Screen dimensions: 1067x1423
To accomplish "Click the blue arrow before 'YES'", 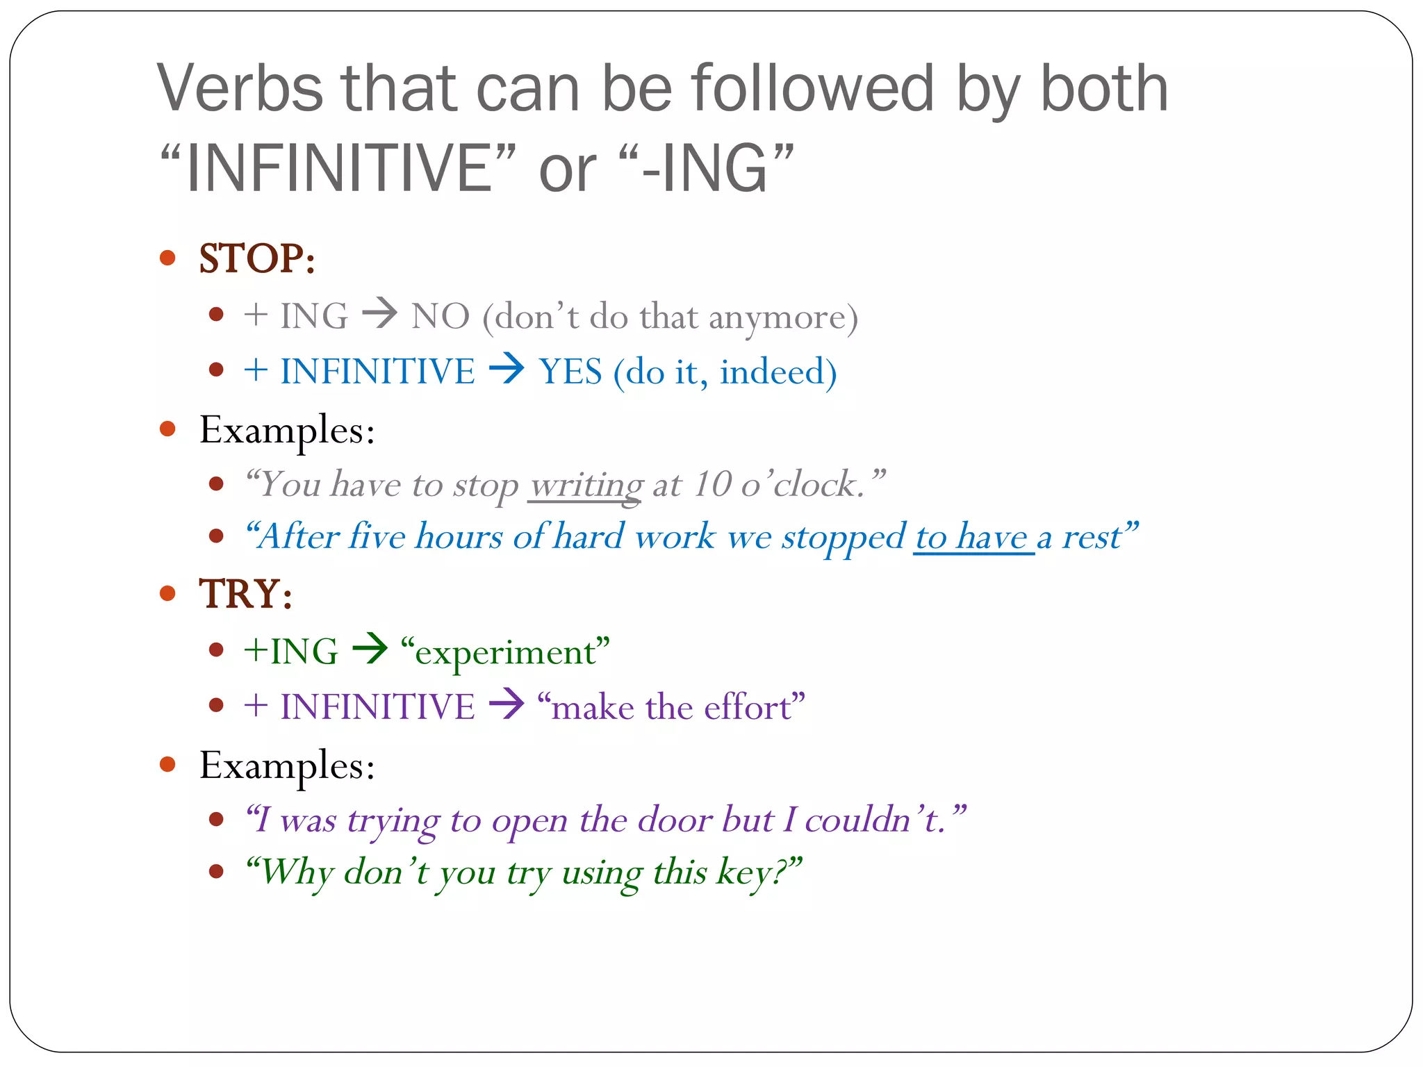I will [507, 369].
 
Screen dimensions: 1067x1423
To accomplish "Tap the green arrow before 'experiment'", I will [370, 650].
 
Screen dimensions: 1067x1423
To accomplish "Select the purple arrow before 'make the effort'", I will [507, 704].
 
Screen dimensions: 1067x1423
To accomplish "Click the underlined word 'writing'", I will [586, 485].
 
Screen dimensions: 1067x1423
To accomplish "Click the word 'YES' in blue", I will [570, 372].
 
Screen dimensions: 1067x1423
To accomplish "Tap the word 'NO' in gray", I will [441, 317].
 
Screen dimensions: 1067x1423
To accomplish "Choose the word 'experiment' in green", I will [506, 652].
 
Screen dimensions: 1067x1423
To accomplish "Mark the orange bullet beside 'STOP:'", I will [167, 258].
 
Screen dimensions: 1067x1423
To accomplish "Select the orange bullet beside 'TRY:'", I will [167, 593].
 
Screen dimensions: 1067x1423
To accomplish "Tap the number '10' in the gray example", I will [712, 484].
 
